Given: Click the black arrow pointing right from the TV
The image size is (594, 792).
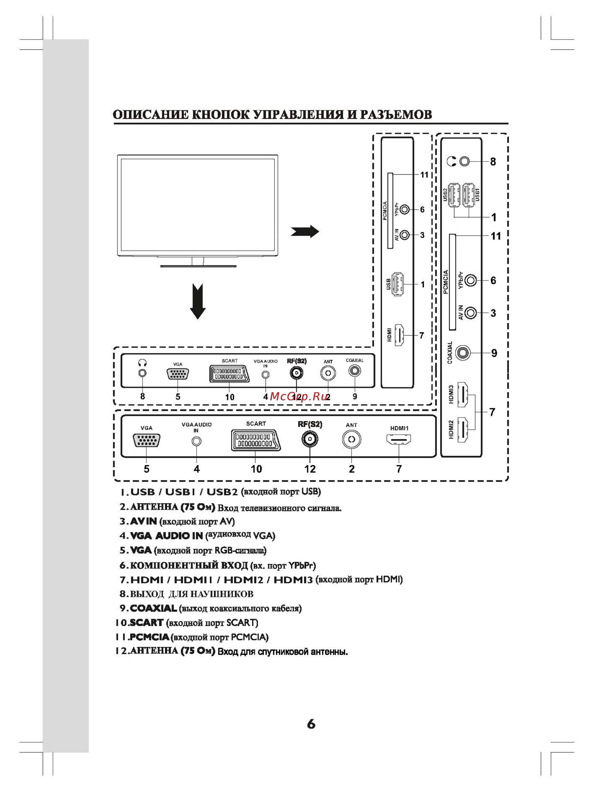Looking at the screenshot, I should (304, 231).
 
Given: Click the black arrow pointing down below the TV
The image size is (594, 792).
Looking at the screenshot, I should (198, 301).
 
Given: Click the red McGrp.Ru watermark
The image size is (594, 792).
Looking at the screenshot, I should (299, 396).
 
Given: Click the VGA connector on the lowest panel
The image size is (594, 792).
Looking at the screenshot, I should (146, 440).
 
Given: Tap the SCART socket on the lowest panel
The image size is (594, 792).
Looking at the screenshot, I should (256, 441).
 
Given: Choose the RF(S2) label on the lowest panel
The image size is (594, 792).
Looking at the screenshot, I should (310, 424).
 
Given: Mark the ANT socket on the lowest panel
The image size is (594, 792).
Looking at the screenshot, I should (351, 439).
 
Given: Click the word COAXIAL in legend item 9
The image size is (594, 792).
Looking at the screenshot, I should (153, 608).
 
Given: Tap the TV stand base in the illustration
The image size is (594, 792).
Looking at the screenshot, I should (198, 266).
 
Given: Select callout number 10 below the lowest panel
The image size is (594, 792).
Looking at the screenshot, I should (256, 469).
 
